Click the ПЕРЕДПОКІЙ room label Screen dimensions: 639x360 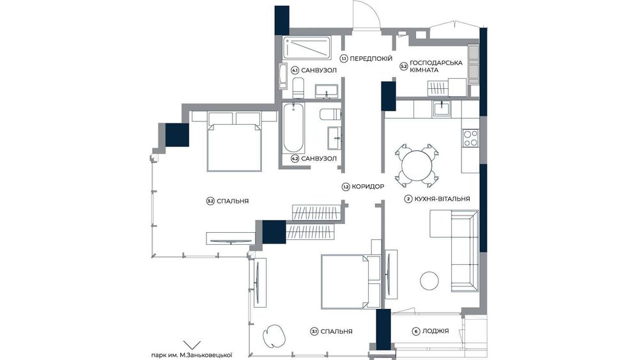(371, 59)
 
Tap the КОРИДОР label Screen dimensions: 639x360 (368, 187)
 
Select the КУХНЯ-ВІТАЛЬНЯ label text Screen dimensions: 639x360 (442, 199)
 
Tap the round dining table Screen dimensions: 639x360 (417, 166)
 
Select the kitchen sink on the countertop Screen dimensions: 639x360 (442, 109)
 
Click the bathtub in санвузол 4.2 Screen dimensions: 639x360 (293, 128)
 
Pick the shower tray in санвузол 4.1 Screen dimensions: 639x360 (307, 48)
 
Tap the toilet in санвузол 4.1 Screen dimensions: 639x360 (298, 88)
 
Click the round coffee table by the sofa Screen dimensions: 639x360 (429, 281)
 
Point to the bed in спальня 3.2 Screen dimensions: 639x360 (235, 141)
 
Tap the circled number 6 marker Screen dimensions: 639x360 (416, 331)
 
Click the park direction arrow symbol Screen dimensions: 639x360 (192, 345)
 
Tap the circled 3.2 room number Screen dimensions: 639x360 (210, 201)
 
